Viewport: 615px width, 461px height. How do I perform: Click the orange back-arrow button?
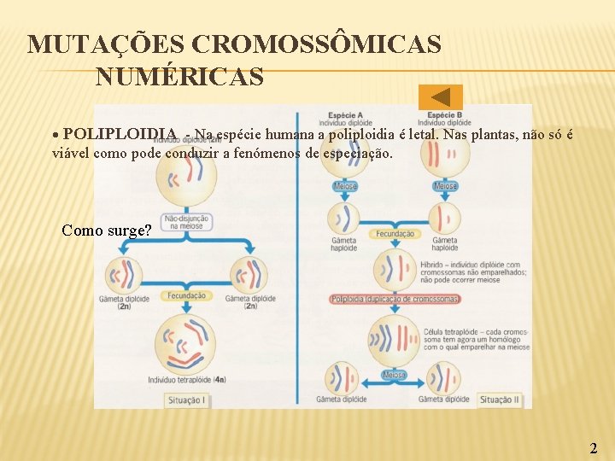(441, 97)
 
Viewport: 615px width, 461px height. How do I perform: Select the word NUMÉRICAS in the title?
(179, 78)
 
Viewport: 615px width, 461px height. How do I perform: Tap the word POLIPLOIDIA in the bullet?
(120, 134)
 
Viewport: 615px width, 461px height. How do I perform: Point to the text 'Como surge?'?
(107, 230)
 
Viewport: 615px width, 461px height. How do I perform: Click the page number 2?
(594, 448)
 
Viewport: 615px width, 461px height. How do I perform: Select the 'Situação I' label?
(185, 399)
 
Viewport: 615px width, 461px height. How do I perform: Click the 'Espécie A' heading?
(346, 114)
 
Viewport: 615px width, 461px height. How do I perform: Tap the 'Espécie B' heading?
(445, 114)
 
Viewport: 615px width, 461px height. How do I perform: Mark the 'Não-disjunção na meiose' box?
(187, 223)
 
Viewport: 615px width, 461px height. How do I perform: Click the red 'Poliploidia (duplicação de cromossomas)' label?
(394, 299)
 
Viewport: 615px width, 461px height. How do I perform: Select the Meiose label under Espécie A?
(345, 186)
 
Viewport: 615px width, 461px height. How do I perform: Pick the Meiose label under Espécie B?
(445, 186)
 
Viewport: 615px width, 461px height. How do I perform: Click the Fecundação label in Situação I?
(186, 295)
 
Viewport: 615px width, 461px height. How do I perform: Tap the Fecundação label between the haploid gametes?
(394, 234)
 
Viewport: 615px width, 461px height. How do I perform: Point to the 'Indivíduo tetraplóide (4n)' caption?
(187, 379)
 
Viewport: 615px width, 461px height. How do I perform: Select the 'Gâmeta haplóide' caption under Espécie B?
(444, 244)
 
